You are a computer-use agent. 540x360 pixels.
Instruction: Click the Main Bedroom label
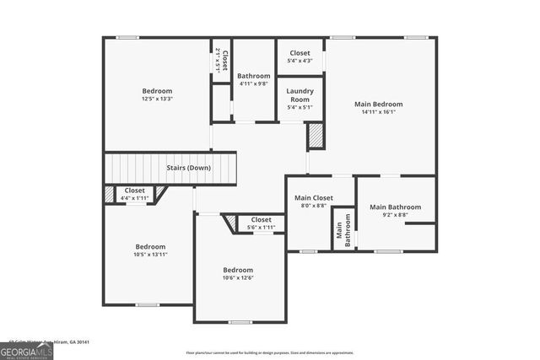[378, 104]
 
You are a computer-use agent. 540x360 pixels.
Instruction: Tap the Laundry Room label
[300, 94]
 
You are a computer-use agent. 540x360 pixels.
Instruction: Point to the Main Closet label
[313, 197]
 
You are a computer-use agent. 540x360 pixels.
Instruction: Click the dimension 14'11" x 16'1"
[378, 112]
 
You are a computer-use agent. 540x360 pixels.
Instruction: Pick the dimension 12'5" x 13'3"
[157, 99]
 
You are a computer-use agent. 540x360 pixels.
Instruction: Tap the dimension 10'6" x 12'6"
[238, 278]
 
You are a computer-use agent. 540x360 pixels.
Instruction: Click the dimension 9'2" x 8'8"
[395, 215]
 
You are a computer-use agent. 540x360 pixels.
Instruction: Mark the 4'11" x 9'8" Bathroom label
[253, 76]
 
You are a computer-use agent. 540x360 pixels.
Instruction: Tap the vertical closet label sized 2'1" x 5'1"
[221, 61]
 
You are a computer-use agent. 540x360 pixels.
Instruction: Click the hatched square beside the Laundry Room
[315, 136]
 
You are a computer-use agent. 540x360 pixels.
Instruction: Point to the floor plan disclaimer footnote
[270, 352]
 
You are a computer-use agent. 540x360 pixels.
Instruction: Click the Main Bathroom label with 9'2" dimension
[395, 207]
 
